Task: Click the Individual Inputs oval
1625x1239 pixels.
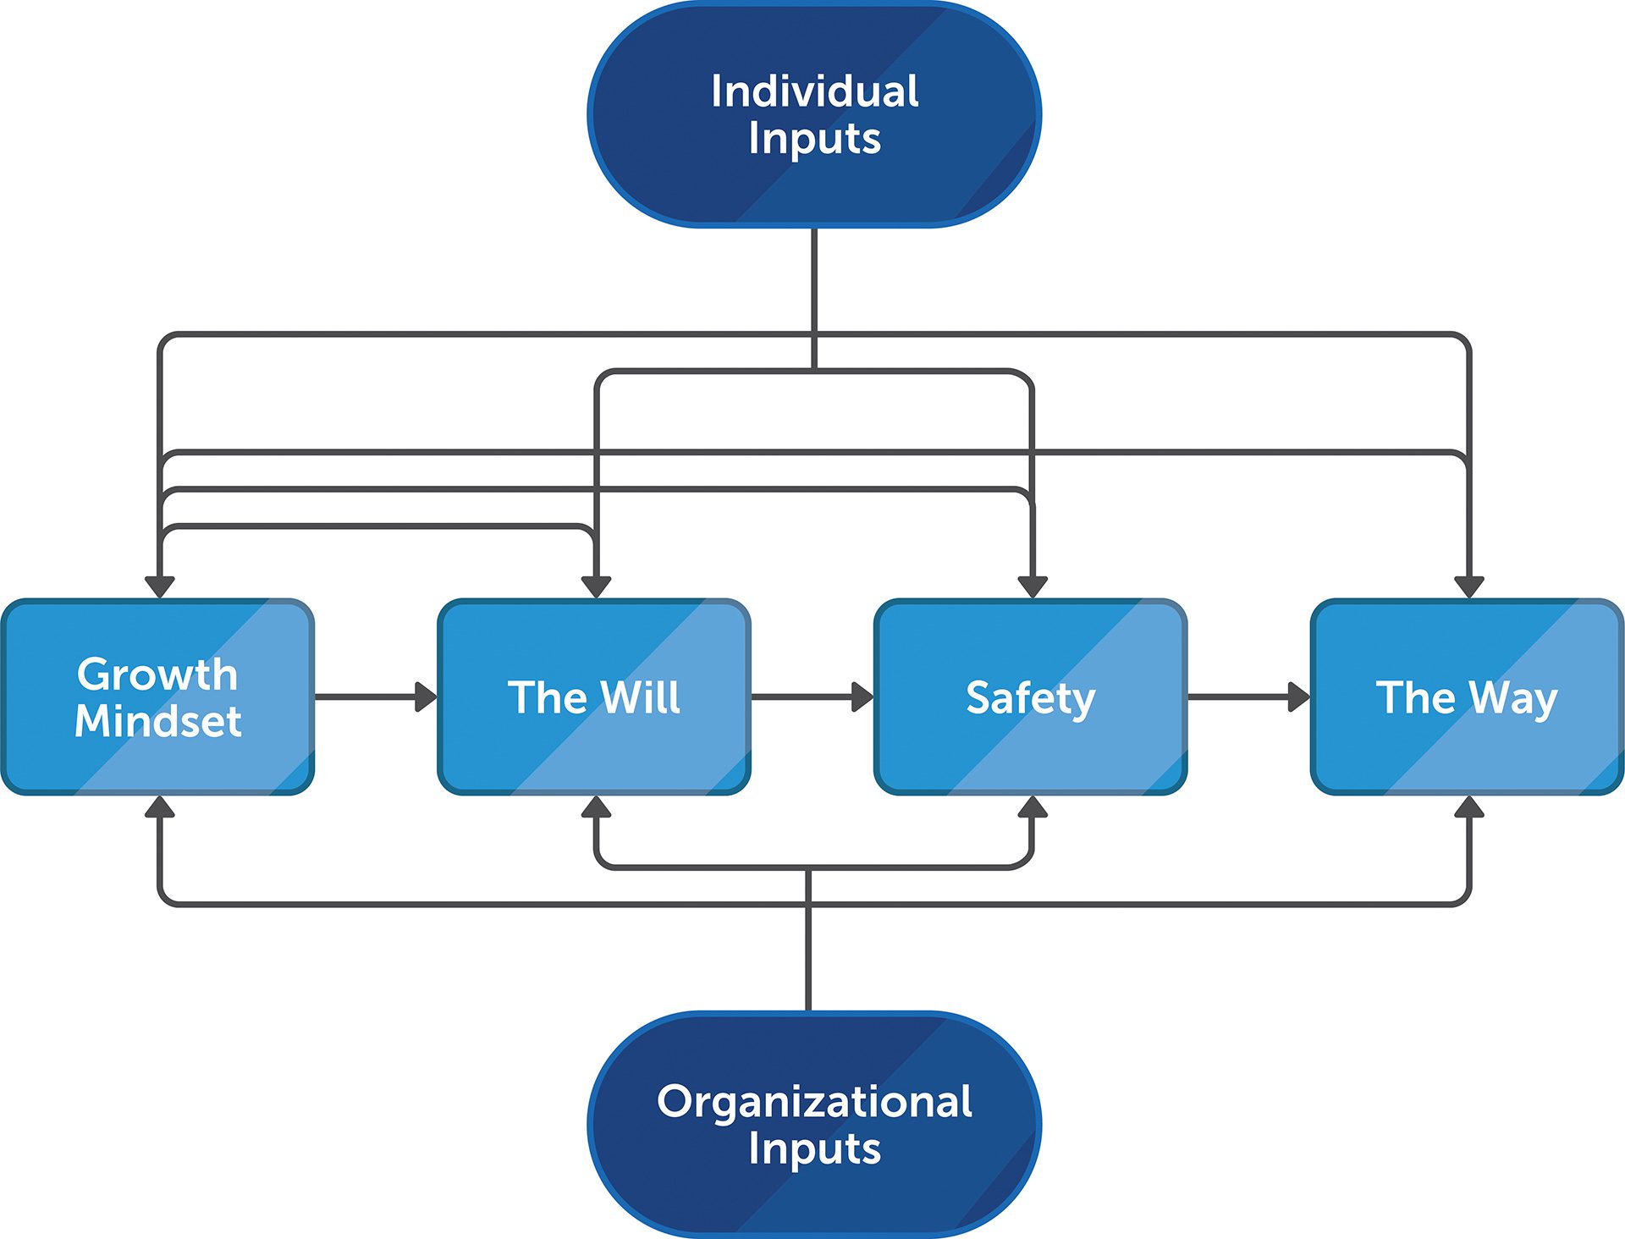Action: click(814, 114)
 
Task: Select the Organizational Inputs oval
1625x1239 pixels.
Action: click(814, 1124)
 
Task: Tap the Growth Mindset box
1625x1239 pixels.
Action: click(158, 697)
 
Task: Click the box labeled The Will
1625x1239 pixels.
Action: click(594, 697)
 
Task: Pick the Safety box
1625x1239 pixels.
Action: click(1031, 697)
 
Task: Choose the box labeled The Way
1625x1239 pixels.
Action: click(1467, 697)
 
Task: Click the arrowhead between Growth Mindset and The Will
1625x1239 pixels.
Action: click(426, 697)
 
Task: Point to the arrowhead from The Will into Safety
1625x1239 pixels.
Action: click(862, 697)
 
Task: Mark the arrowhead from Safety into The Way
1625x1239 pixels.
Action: click(1298, 697)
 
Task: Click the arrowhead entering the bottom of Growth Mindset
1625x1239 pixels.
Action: click(159, 807)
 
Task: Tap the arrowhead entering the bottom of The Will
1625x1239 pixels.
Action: click(596, 807)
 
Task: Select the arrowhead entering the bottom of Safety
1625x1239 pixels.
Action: click(1032, 807)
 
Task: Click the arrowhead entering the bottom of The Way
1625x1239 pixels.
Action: click(1468, 807)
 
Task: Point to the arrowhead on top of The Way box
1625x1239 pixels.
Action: click(1468, 586)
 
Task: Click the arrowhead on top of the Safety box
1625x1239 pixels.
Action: click(1032, 586)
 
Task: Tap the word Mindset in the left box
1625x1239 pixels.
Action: click(158, 721)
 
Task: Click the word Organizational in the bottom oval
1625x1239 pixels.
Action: click(814, 1101)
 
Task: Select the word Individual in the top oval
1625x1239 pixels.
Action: click(814, 91)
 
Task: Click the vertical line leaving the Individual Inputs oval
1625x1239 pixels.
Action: click(814, 279)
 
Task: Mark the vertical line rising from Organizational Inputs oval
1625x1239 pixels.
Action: click(808, 956)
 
